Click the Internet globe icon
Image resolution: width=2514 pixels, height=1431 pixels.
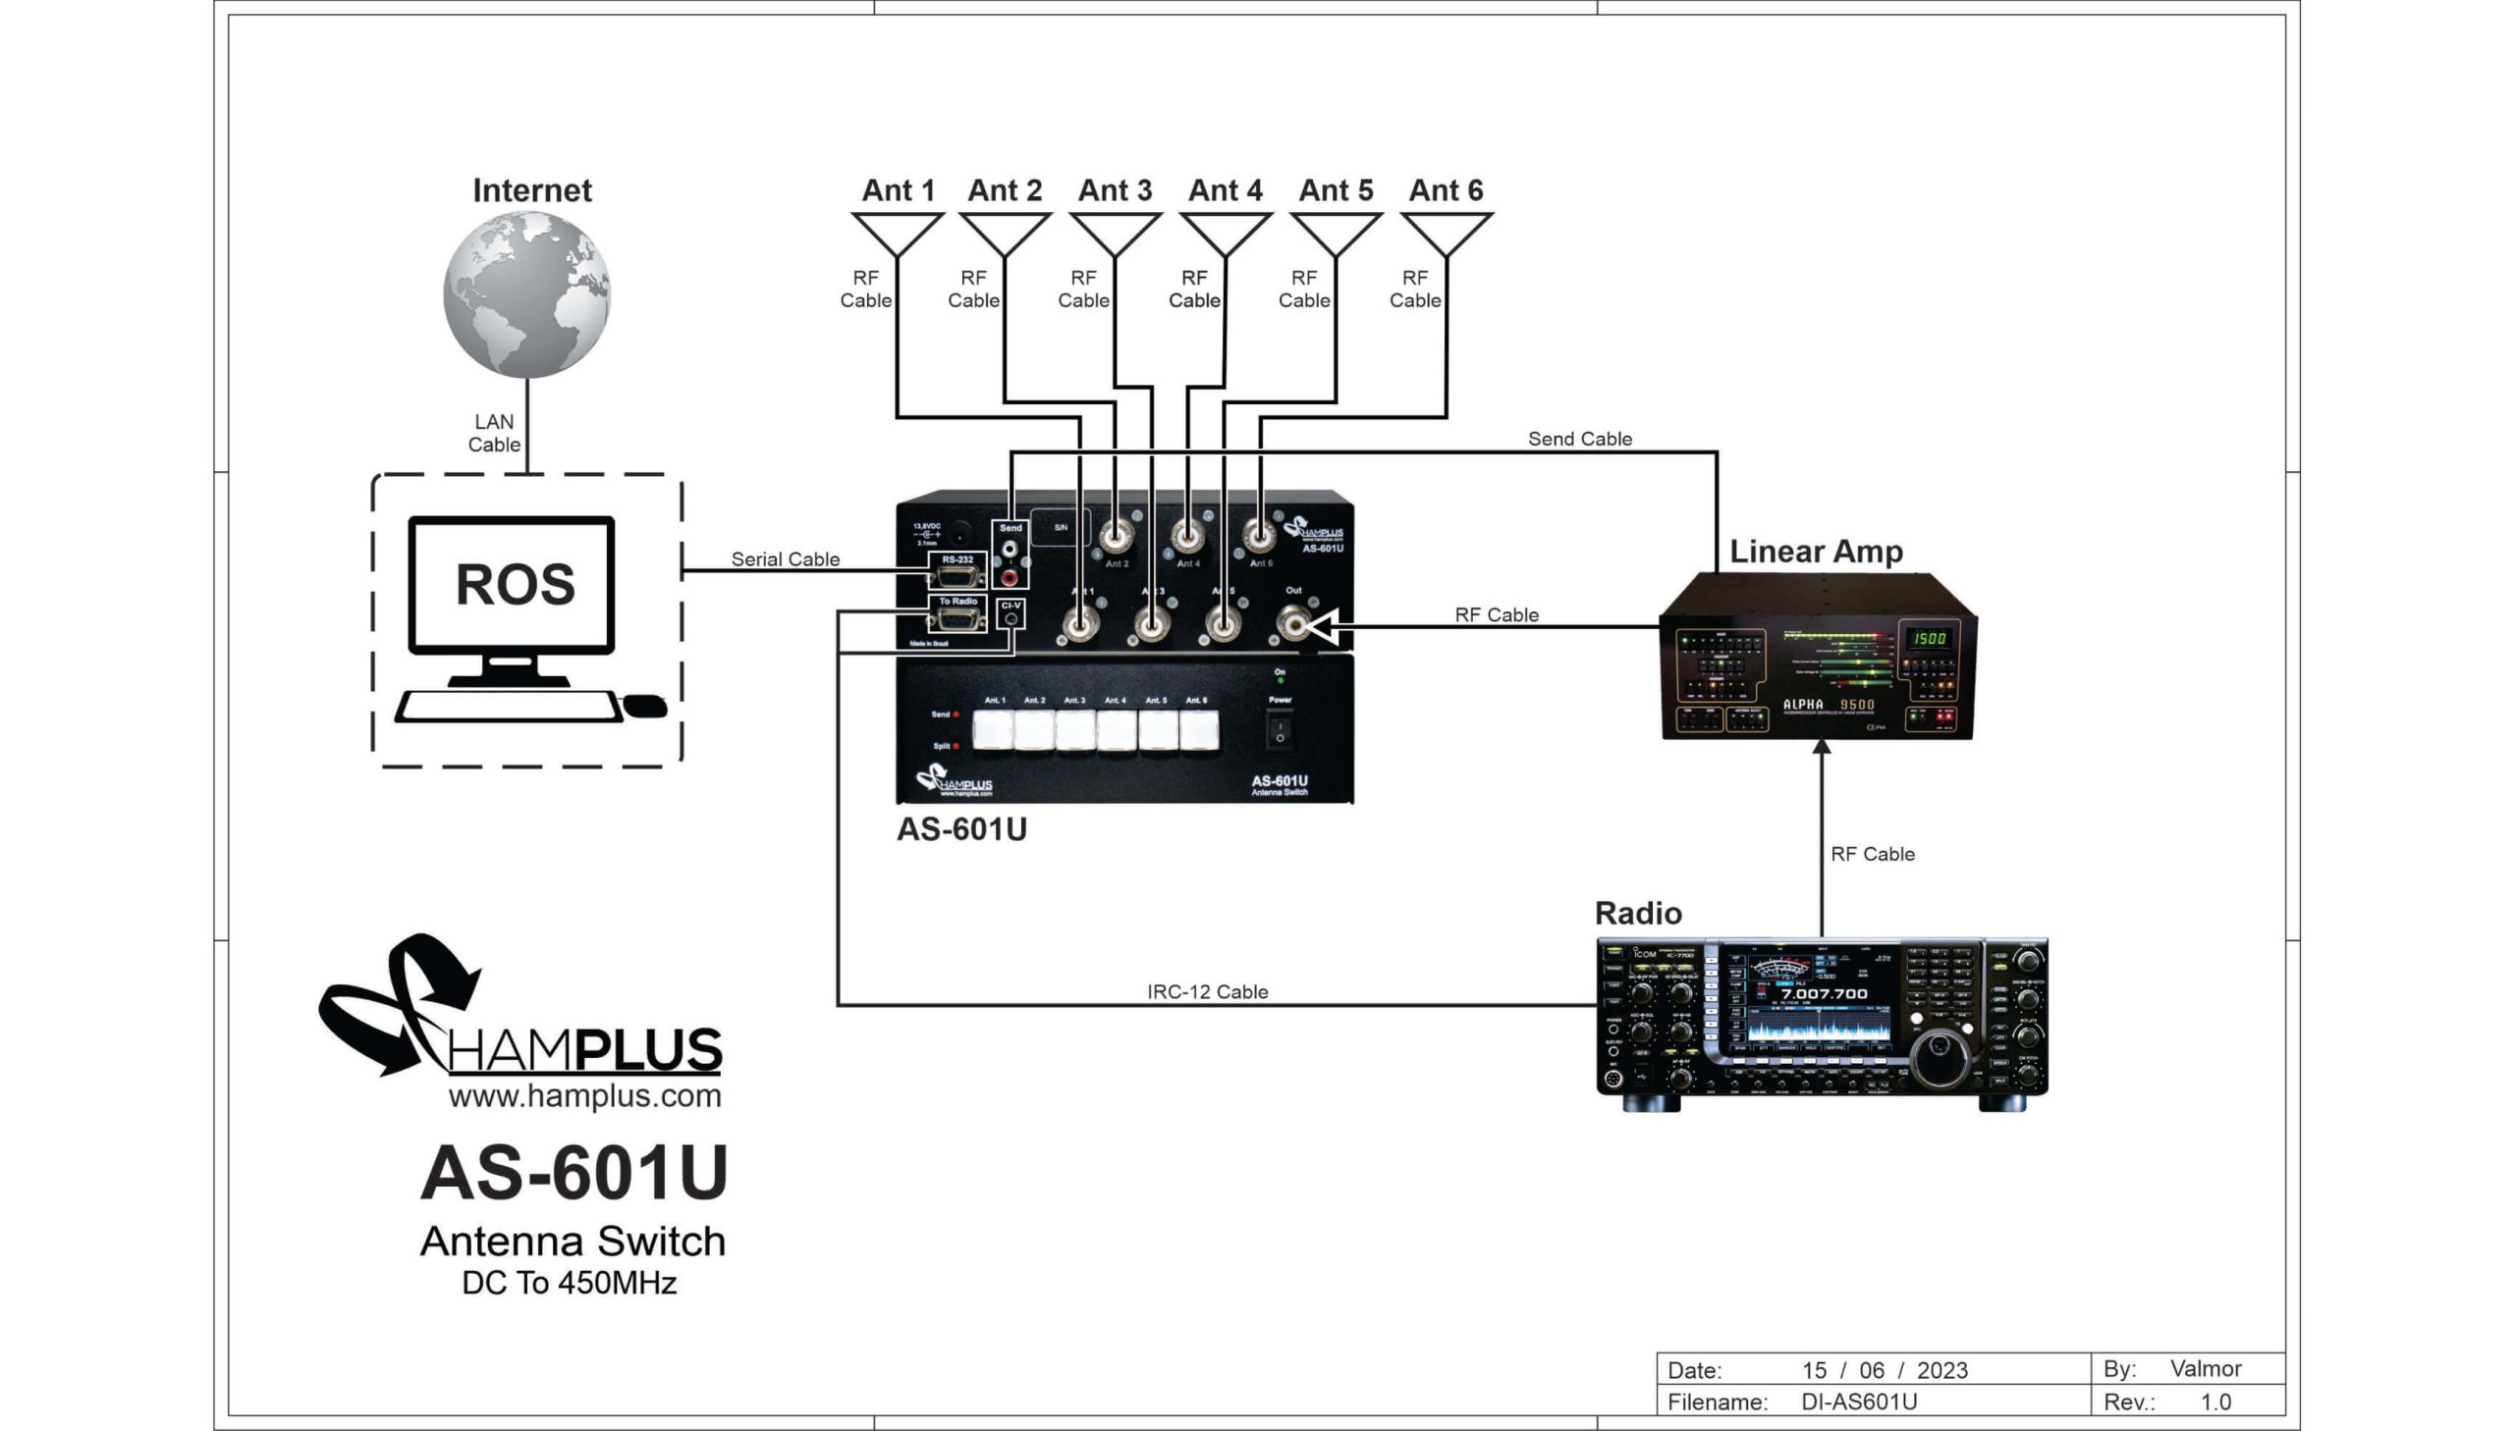[x=526, y=294]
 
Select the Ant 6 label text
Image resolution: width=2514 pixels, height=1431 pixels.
[x=1446, y=189]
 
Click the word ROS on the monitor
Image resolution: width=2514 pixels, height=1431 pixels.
[x=515, y=584]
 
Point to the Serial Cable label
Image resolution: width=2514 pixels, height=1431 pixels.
[x=785, y=559]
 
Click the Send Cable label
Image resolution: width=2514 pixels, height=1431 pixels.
[x=1579, y=439]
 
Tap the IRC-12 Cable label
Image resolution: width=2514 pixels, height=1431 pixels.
[x=1206, y=991]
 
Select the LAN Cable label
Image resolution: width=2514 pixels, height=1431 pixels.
[x=494, y=433]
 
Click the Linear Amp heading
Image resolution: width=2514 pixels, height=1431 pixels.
[x=1815, y=552]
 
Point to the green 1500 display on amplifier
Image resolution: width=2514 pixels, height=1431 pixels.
[x=1928, y=639]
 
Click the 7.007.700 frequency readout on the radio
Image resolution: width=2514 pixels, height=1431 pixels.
[x=1824, y=993]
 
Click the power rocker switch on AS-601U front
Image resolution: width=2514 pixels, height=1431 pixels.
[x=1280, y=731]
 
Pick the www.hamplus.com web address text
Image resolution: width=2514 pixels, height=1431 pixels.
[x=584, y=1096]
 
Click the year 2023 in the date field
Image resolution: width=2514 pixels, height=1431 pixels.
[x=1941, y=1370]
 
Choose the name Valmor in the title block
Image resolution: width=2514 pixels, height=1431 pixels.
[x=2206, y=1368]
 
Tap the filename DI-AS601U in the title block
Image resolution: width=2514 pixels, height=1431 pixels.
[x=1858, y=1402]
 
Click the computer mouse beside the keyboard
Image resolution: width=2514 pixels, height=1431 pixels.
[x=645, y=706]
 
